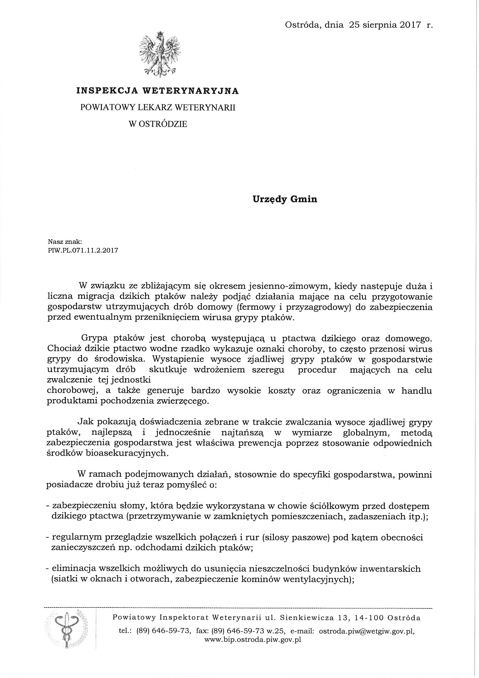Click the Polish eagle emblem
point(160,54)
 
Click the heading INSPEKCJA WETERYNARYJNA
point(158,91)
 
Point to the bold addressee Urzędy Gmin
point(285,199)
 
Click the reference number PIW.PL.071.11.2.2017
point(83,251)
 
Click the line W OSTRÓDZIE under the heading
point(158,124)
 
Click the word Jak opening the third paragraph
point(84,423)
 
